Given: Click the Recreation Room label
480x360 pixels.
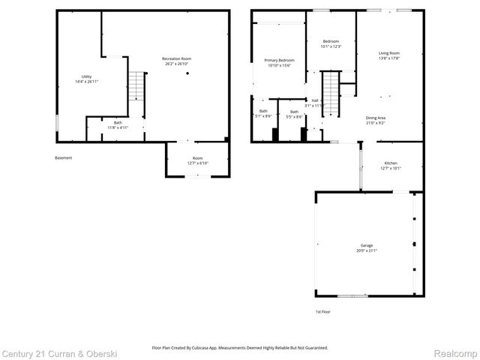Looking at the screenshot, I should tap(177, 61).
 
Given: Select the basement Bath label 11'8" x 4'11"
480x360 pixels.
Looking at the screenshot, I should tap(118, 125).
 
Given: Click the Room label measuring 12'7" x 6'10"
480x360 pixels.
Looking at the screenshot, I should tap(197, 160).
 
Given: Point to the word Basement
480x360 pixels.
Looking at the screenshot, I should tap(64, 157).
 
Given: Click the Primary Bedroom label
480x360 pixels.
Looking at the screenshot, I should tap(279, 62).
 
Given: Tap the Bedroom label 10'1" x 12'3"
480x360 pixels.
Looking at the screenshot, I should tap(331, 43).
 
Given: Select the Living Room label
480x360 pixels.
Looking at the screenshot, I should tap(388, 55).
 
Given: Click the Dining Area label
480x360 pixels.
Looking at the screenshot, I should tap(376, 120).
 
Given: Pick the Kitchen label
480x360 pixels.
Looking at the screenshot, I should tap(391, 165).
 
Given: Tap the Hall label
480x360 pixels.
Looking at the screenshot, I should tap(315, 103).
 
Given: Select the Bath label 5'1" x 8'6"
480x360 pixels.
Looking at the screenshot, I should tap(263, 114).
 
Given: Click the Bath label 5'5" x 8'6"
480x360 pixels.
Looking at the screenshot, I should tap(294, 115).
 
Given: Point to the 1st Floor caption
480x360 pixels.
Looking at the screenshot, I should tap(322, 311).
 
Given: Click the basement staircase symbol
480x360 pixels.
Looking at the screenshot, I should tap(135, 86).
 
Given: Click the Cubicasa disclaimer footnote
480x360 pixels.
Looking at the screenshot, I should tap(239, 347).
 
